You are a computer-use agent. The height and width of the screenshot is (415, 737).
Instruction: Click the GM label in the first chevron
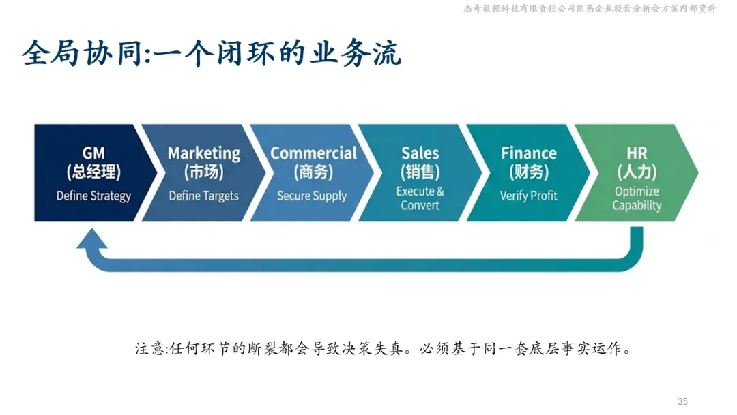tap(93, 153)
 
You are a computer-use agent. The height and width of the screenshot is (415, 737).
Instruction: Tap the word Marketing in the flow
tap(204, 153)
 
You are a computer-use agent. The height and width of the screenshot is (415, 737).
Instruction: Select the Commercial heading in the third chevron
tap(313, 153)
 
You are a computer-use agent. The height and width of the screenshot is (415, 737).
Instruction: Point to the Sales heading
tap(420, 153)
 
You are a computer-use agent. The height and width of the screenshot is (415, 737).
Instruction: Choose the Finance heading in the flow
tap(529, 153)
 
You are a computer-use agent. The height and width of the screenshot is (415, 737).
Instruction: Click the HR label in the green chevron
tap(637, 153)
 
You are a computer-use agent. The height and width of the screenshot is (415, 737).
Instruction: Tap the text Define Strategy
tap(93, 196)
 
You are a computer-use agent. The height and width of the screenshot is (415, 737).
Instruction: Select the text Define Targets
tap(204, 196)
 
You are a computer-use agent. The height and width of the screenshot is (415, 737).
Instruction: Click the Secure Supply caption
tap(312, 196)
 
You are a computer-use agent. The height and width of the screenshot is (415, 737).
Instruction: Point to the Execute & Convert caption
tap(420, 198)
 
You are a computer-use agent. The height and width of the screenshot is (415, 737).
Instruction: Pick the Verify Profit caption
tap(529, 196)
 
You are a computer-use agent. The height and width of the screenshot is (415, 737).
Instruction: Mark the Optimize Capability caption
tap(637, 198)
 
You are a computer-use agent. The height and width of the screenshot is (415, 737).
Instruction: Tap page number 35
tap(682, 401)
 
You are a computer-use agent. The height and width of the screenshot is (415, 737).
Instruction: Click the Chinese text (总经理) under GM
tap(93, 172)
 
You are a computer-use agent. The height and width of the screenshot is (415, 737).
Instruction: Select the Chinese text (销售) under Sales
tap(420, 172)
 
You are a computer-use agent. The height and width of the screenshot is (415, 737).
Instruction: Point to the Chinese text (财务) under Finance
tap(529, 172)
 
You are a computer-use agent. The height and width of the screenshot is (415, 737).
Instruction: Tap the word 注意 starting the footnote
tap(149, 349)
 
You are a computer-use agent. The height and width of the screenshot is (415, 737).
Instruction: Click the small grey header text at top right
tap(590, 9)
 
